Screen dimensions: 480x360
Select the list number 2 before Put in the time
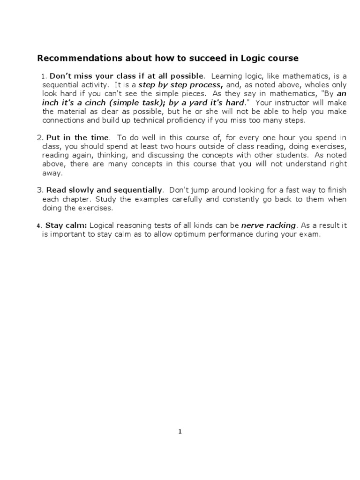[x=39, y=137]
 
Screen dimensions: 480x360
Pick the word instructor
[x=295, y=102]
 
